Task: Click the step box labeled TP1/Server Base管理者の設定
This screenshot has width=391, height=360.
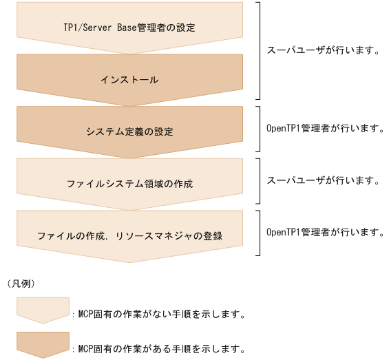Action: pos(129,28)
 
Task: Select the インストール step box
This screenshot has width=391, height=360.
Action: pos(129,80)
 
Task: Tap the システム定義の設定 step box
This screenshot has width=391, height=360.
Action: pos(129,131)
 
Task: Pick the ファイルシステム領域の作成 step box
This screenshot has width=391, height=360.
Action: pos(129,183)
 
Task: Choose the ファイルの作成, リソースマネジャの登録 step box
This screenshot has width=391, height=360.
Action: pos(129,235)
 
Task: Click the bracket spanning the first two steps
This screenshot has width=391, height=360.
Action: pos(259,50)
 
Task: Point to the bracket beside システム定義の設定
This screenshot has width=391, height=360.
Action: pos(259,128)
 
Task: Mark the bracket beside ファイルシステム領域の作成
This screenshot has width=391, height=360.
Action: pos(259,180)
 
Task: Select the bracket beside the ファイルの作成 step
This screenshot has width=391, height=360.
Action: pos(259,233)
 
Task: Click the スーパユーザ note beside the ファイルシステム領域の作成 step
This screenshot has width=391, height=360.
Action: pos(323,180)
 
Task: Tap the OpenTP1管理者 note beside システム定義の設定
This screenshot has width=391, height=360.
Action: pos(325,129)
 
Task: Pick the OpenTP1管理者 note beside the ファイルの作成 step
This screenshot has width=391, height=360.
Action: pos(325,233)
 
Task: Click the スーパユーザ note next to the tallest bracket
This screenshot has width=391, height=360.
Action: pos(323,50)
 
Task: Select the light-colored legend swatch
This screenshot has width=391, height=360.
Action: pos(43,309)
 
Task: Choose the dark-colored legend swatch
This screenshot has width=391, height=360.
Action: pos(43,343)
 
